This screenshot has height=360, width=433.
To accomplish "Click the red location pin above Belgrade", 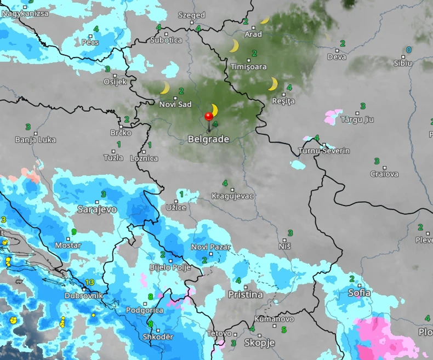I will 208,117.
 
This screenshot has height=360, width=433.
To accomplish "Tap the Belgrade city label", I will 208,139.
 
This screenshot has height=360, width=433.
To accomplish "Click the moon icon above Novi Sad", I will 164,88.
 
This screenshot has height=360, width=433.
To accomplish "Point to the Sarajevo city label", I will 97,209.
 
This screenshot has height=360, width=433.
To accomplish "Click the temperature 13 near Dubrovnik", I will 90,282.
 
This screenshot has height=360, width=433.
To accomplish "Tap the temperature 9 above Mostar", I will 73,232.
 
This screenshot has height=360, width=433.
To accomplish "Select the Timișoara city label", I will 248,67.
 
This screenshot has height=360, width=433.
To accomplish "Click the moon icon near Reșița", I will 273,84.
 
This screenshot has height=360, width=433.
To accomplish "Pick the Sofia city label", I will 360,293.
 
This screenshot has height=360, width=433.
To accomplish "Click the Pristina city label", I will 245,294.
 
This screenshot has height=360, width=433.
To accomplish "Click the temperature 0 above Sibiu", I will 408,50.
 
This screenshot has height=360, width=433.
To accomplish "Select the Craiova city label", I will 384,174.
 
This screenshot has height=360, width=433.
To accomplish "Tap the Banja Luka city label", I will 36,140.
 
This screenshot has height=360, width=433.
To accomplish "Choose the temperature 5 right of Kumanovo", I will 283,330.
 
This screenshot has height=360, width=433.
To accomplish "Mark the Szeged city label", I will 191,15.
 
